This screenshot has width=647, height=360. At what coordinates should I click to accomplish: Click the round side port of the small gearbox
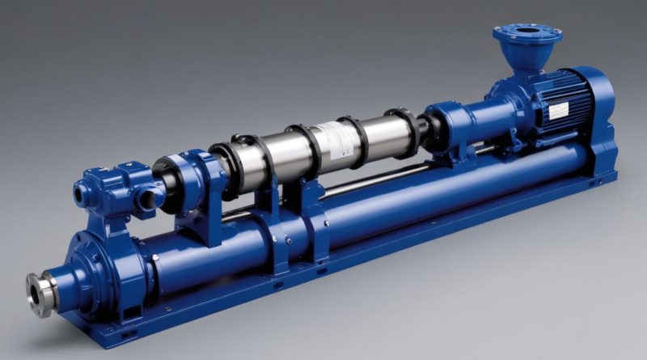click(83, 193)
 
